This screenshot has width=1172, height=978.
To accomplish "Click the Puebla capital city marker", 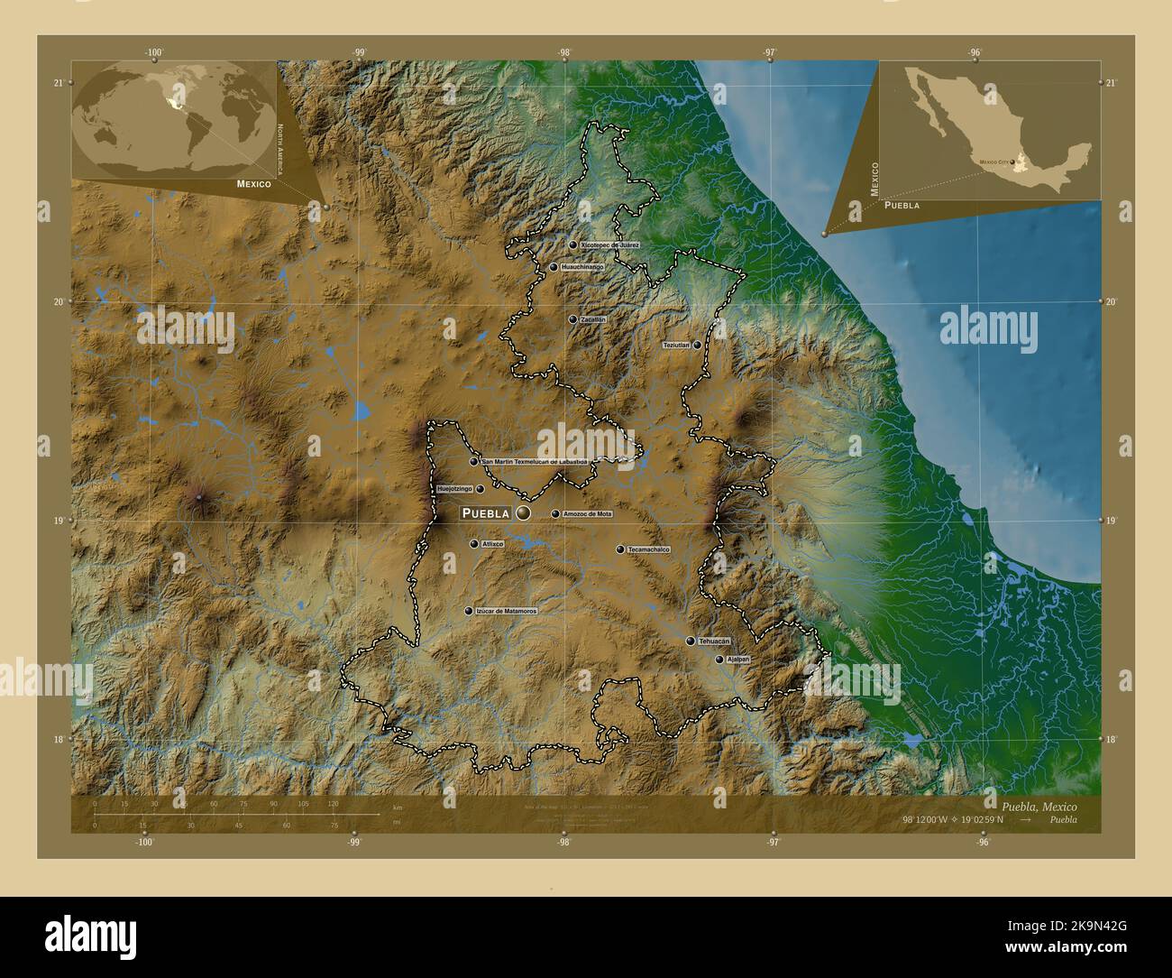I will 523,513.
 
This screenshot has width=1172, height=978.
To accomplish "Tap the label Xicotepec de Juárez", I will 610,244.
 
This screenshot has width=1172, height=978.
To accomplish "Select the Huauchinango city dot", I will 554,267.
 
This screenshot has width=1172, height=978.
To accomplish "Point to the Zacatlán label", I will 593,319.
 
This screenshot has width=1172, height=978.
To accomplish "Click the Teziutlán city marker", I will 697,345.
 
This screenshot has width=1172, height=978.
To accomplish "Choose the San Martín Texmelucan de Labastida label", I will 535,461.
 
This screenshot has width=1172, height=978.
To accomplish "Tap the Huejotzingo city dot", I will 480,489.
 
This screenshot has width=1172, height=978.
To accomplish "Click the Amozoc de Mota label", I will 587,514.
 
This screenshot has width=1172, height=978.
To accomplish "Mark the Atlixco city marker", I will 473,544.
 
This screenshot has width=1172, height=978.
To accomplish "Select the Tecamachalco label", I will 649,549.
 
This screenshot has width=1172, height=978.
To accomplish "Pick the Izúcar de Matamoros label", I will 507,611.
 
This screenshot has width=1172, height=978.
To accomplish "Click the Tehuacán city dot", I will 691,641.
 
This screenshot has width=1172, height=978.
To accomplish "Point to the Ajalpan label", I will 738,660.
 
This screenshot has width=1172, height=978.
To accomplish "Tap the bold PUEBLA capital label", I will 486,513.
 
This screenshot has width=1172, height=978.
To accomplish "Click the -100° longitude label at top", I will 153,52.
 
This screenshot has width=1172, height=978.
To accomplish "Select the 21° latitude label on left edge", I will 58,82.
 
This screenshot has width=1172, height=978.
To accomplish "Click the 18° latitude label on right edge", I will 1112,739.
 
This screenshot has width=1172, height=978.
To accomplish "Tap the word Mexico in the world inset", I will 254,183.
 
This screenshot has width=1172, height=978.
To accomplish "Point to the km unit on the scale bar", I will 398,806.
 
